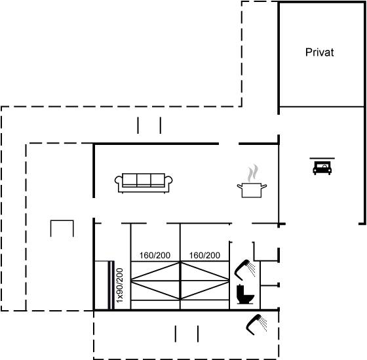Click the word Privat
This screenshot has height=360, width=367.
320,52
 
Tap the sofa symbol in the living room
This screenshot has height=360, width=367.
144,183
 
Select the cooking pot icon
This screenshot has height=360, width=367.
252,190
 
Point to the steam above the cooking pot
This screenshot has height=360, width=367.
253,173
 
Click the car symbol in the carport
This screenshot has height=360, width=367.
322,168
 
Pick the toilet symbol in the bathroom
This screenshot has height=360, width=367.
245,294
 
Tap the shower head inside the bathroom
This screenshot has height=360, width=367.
244,270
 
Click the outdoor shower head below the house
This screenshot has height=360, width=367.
256,325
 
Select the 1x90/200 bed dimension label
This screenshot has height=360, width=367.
119,285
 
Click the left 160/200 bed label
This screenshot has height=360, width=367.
155,255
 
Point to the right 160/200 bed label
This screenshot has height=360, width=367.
204,255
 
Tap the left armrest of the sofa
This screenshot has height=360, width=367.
119,183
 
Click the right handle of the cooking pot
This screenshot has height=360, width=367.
263,186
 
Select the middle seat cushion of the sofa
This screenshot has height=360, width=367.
144,180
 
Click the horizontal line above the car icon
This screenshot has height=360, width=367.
322,158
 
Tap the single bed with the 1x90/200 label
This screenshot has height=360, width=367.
104,285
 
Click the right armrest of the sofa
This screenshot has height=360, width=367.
168,183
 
